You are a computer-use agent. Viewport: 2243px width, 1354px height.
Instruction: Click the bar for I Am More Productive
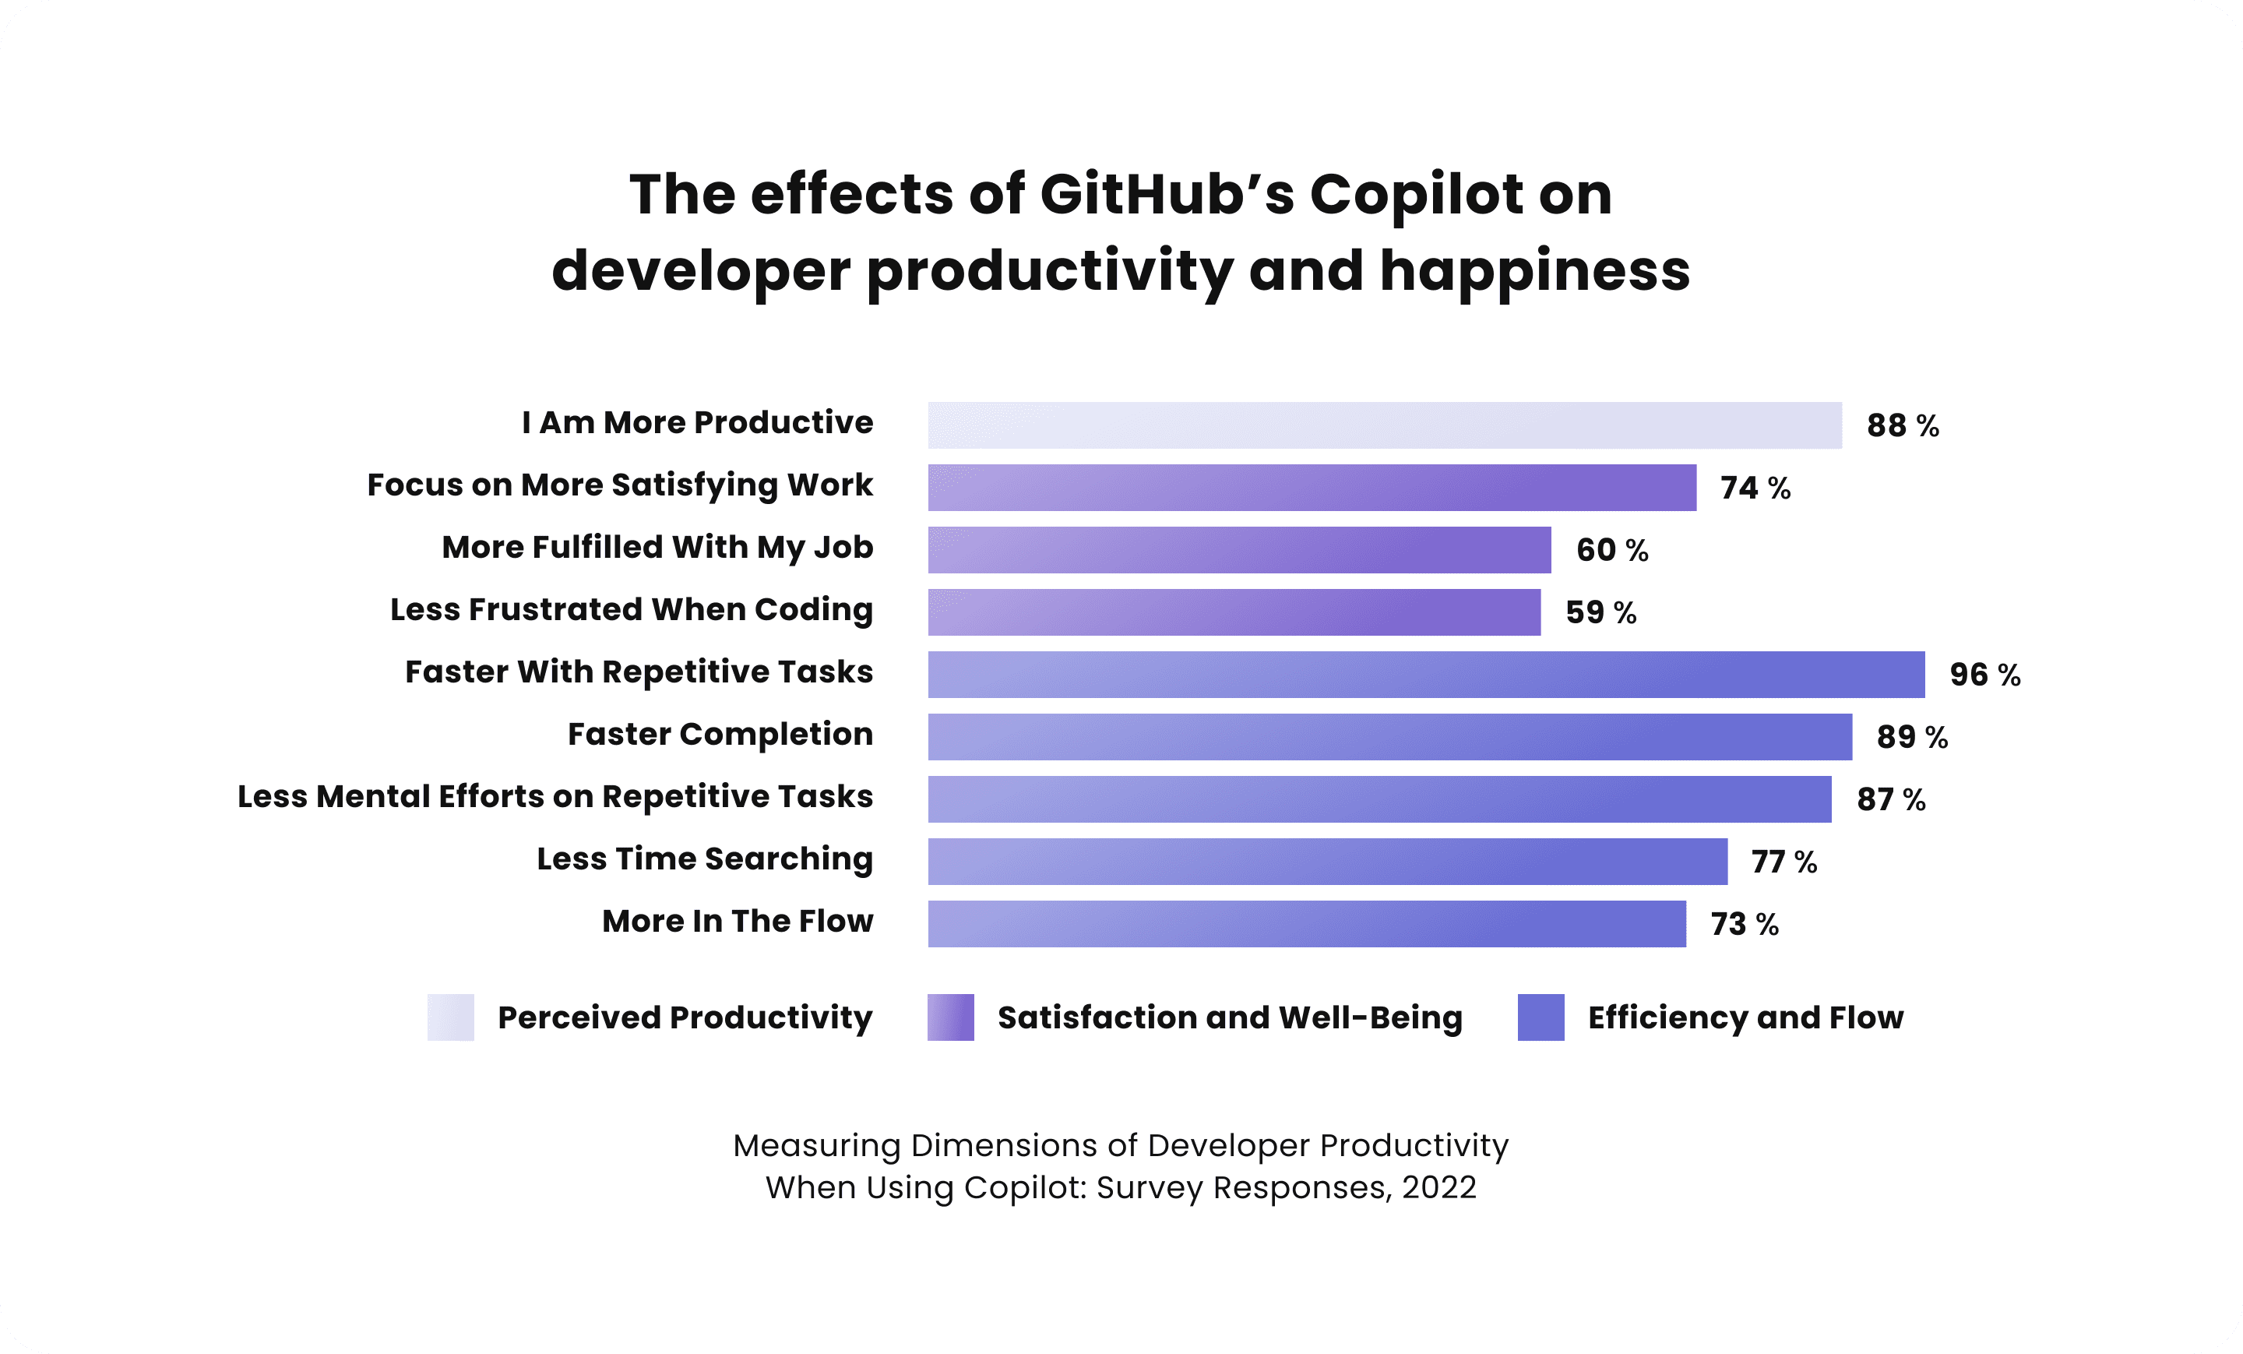click(1384, 425)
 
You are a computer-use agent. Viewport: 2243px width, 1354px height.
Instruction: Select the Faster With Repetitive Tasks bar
click(1425, 675)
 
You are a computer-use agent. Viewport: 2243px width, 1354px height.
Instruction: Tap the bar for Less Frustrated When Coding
click(1234, 612)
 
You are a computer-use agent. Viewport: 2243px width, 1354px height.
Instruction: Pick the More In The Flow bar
click(1306, 923)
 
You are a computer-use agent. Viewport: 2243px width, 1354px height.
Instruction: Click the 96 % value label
click(1984, 675)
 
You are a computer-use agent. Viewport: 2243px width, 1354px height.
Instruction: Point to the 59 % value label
click(1600, 612)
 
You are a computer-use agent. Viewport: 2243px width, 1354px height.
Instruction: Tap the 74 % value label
click(1755, 488)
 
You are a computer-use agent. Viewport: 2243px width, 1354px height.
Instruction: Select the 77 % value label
click(1783, 862)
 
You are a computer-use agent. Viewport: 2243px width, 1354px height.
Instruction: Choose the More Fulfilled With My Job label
click(657, 547)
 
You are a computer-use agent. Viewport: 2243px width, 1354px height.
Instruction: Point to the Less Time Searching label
click(704, 859)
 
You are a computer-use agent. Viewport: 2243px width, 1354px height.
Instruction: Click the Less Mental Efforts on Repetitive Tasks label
click(555, 797)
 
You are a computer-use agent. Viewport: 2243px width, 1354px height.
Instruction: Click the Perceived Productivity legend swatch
click(451, 1017)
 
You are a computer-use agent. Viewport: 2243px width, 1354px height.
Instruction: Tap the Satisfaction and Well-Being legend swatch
click(950, 1017)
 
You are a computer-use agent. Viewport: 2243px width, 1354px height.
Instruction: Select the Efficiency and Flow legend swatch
click(1541, 1017)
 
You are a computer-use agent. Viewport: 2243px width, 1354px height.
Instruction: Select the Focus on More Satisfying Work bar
click(1312, 488)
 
